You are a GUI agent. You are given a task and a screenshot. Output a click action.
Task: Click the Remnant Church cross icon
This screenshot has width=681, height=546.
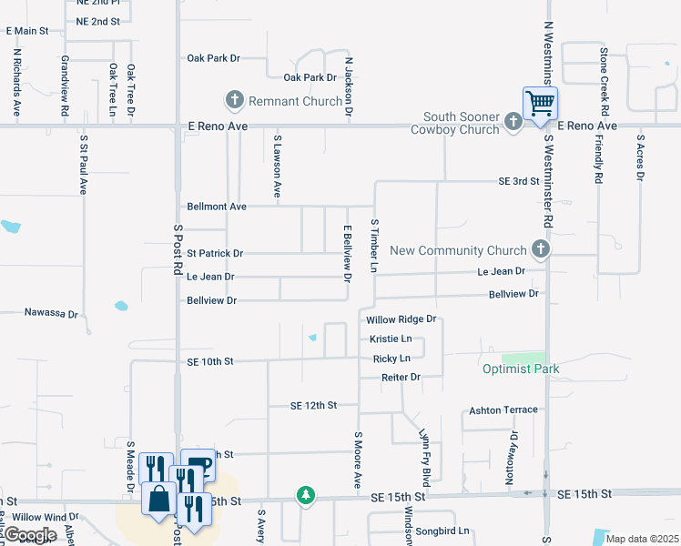[x=234, y=99]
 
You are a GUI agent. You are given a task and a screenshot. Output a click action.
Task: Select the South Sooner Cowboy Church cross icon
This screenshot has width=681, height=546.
[x=513, y=120]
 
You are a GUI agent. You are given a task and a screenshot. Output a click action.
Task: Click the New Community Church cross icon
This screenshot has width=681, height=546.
[x=541, y=248]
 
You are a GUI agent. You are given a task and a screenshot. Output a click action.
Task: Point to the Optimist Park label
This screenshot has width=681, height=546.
[x=521, y=369]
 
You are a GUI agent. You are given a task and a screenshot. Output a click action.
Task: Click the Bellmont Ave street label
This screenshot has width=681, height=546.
[x=217, y=207]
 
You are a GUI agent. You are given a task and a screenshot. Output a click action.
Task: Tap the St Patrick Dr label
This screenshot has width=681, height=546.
[x=215, y=253]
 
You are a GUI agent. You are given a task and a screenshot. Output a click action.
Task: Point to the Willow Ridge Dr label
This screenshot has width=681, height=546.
[x=401, y=320]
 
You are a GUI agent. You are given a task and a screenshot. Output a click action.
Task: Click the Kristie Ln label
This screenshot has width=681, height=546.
[x=391, y=339]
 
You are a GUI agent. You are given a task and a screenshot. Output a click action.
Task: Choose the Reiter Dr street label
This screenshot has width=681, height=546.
[x=401, y=377]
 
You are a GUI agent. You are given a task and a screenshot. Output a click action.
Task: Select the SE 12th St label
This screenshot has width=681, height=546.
[x=313, y=405]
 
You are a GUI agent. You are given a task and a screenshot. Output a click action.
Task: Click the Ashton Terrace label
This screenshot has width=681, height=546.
[x=503, y=410]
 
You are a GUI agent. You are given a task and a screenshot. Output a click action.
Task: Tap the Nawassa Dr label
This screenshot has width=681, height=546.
[x=51, y=312]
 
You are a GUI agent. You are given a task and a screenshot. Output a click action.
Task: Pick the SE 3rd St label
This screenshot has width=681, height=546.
[x=519, y=182]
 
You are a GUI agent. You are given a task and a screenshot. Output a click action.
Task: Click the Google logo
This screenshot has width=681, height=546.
[x=30, y=535]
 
